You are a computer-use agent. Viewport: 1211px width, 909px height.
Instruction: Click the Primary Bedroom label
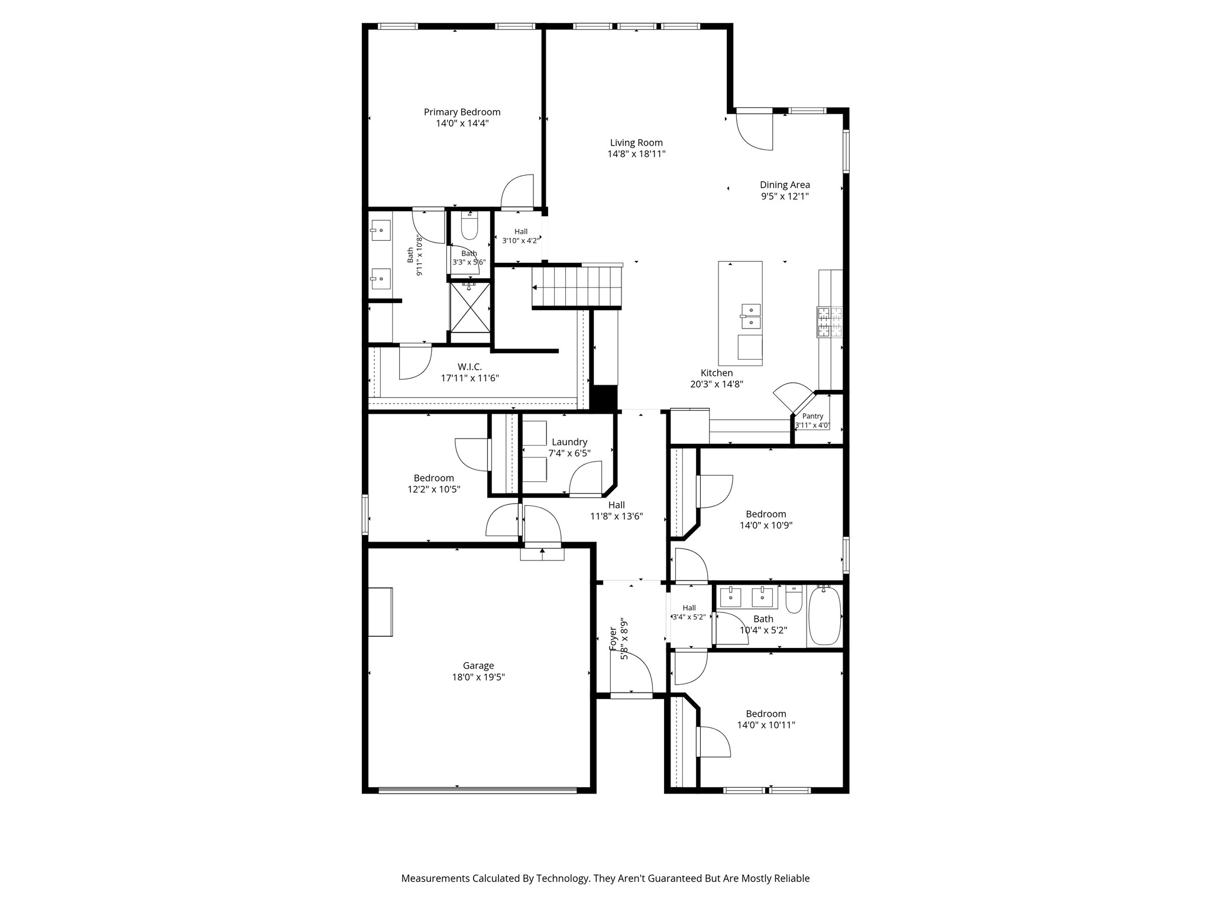pos(462,112)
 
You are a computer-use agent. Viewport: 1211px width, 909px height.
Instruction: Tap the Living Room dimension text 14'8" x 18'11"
pos(636,154)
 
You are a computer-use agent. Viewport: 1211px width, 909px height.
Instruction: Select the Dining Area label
pos(785,185)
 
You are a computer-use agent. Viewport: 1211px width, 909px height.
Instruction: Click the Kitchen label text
pos(717,373)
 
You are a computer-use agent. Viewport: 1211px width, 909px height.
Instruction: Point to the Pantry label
pos(812,416)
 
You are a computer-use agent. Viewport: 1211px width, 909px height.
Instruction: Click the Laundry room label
pos(569,442)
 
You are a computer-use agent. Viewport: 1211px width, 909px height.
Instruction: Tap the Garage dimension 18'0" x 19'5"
pos(478,677)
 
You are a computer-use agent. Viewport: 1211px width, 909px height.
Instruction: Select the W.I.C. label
pos(469,367)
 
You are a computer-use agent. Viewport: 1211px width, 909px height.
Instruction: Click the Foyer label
pos(613,639)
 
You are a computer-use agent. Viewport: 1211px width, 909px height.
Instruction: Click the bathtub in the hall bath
pos(824,615)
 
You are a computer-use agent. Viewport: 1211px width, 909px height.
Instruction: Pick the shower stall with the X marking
pos(470,308)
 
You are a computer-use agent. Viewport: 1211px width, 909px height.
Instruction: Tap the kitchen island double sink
pos(751,316)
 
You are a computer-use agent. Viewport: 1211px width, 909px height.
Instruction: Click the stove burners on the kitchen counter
pos(830,323)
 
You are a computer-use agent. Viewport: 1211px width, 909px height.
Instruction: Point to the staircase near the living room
pos(577,286)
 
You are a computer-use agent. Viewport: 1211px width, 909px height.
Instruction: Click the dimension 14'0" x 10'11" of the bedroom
pos(766,725)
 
